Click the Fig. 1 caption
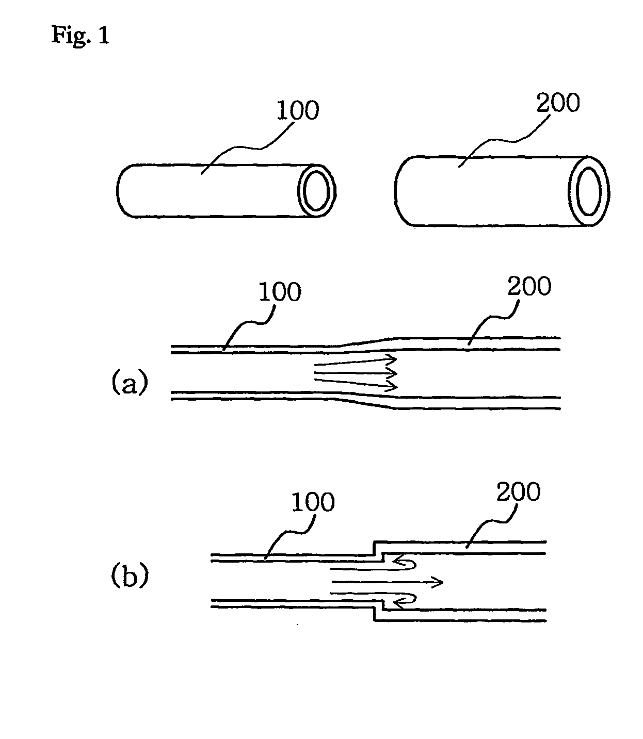tap(80, 36)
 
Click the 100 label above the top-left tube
tap(298, 110)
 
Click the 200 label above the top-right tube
tap(558, 103)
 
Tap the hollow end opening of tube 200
tap(589, 191)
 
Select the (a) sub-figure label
tap(130, 382)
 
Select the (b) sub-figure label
tap(130, 576)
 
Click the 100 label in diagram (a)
tap(280, 292)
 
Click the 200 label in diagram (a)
tap(529, 286)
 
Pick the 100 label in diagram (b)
tap(313, 502)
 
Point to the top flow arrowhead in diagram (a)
tap(391, 359)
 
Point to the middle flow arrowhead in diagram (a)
tap(391, 373)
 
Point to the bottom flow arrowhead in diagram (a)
tap(391, 386)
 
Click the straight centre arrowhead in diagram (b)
tap(436, 582)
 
